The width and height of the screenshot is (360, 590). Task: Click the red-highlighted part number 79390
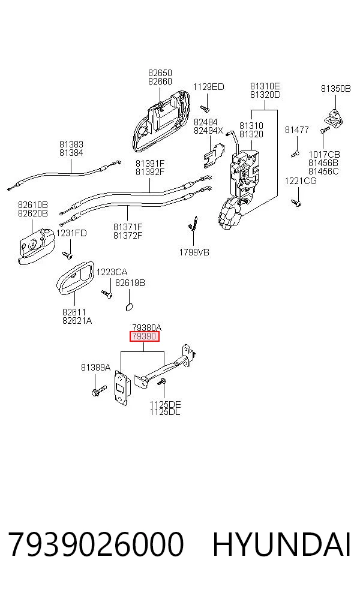(145, 336)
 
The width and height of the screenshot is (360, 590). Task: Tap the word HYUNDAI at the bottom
(281, 544)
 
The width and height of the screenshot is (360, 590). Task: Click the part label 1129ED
(208, 87)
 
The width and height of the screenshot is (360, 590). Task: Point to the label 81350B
(335, 88)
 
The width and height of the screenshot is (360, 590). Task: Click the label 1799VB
(194, 252)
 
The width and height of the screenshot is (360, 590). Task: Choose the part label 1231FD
(71, 233)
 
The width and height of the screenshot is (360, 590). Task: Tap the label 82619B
(130, 282)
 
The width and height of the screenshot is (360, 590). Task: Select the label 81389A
(95, 367)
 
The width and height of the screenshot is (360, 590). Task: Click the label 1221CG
(301, 181)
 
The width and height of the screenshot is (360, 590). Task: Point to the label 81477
(297, 130)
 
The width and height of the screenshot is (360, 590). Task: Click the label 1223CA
(112, 272)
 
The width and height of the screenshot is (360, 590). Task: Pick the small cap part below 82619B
(128, 306)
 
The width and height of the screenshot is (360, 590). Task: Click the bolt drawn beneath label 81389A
(98, 390)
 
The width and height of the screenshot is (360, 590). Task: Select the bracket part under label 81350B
(334, 117)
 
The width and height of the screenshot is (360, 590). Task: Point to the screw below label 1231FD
(68, 255)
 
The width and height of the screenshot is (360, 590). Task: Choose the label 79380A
(147, 328)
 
